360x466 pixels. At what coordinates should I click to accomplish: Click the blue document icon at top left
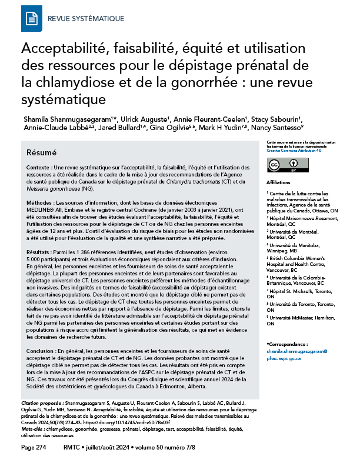31,19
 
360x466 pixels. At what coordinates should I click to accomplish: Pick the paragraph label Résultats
45,252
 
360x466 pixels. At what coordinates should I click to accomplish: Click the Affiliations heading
279,183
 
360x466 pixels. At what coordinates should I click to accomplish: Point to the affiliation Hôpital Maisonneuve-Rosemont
298,218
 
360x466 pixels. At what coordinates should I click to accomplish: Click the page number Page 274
34,448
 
